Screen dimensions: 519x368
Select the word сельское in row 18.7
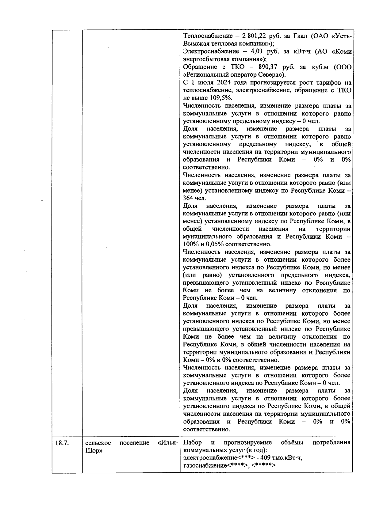tap(98, 443)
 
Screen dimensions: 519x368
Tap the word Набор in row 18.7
tap(192, 443)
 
